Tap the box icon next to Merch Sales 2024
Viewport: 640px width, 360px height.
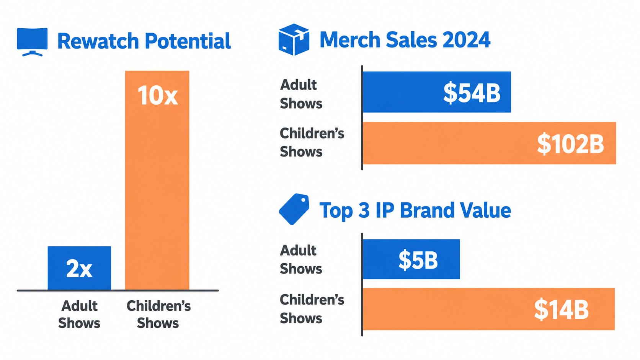(x=294, y=39)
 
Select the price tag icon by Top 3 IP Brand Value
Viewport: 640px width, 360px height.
(x=294, y=209)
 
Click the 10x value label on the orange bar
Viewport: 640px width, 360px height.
(x=158, y=96)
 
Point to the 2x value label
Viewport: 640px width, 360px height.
(x=79, y=268)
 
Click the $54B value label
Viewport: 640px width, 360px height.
(x=472, y=93)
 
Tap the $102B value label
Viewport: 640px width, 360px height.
(x=570, y=143)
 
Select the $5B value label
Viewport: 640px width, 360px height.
(x=418, y=260)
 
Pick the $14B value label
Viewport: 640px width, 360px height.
(x=561, y=310)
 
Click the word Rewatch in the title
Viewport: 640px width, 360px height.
(x=98, y=41)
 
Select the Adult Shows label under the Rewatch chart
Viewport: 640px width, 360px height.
(x=79, y=314)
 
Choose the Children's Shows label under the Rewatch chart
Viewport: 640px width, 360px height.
(x=158, y=314)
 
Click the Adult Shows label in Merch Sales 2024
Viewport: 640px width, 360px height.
(x=301, y=94)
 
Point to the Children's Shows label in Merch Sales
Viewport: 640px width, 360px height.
(x=312, y=142)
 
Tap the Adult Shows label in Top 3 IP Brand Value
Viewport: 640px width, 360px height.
(x=301, y=259)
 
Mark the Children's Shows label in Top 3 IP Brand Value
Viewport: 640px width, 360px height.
(x=312, y=309)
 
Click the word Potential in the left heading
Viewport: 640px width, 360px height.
(x=188, y=41)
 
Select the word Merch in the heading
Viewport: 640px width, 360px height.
(x=350, y=39)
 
